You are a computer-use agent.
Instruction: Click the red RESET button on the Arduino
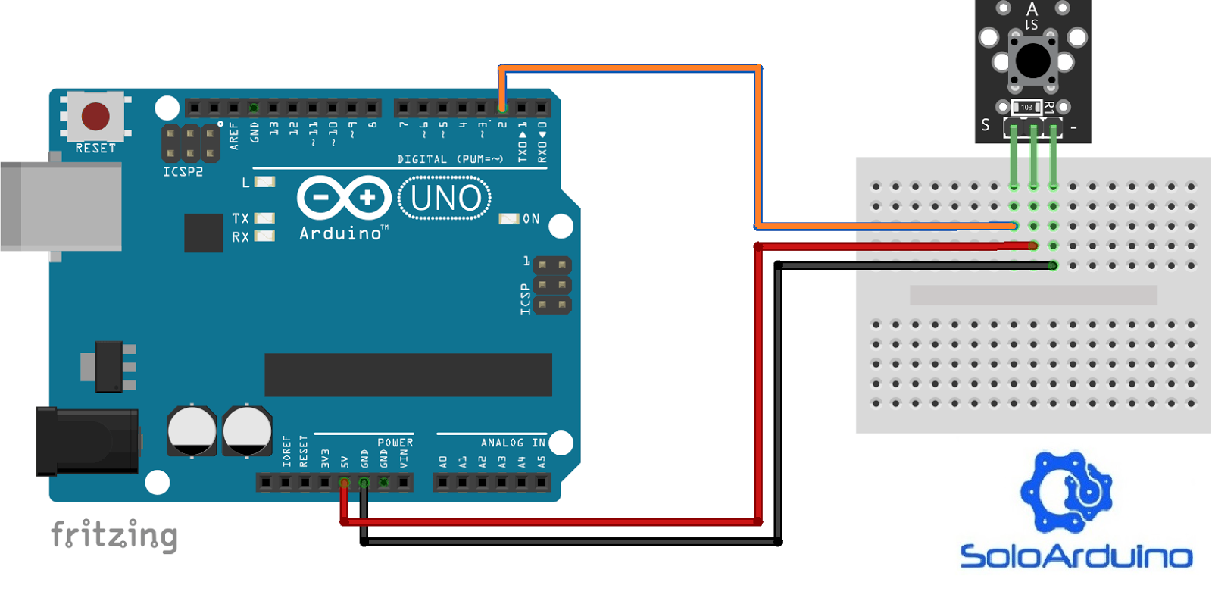click(x=95, y=117)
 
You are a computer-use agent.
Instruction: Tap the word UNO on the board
click(x=445, y=199)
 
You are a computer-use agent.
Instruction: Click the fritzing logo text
click(x=114, y=535)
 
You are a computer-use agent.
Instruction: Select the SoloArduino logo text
click(x=1076, y=556)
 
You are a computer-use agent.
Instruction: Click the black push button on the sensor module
click(x=1032, y=61)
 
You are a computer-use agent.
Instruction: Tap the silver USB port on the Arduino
click(x=61, y=205)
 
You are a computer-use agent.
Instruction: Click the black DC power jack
click(x=87, y=441)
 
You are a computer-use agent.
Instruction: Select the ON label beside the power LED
click(x=531, y=219)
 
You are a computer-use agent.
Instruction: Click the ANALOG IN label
click(x=513, y=443)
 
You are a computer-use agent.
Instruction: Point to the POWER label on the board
click(x=395, y=443)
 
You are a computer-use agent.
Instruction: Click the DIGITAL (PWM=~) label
click(x=450, y=159)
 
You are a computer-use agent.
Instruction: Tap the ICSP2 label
click(x=183, y=172)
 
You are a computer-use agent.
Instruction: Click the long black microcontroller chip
click(x=408, y=374)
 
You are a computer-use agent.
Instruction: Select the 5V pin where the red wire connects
click(x=345, y=483)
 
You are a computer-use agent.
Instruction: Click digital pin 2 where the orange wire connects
click(x=501, y=108)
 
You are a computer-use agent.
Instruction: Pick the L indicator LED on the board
click(x=264, y=182)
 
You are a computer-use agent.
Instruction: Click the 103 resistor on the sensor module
click(x=1026, y=108)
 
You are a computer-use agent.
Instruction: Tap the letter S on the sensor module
click(x=986, y=125)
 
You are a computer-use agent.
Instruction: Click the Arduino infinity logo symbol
click(x=344, y=198)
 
